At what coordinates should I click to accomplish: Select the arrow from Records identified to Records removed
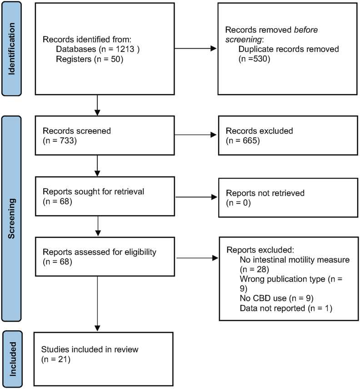195,49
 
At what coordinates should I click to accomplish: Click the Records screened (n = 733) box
104,135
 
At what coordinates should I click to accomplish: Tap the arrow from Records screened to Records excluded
195,135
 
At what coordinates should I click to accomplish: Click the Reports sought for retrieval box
104,197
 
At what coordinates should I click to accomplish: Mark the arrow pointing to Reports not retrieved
195,197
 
